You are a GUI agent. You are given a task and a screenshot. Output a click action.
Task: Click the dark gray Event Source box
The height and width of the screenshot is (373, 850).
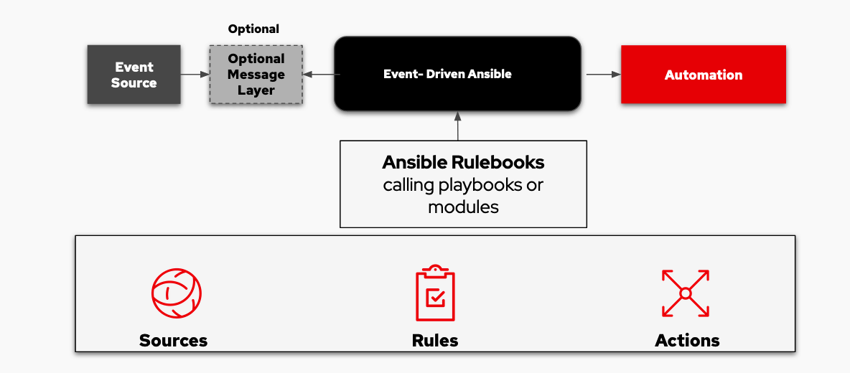click(x=134, y=75)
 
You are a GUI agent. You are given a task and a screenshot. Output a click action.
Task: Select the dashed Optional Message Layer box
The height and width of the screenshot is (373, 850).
click(x=256, y=75)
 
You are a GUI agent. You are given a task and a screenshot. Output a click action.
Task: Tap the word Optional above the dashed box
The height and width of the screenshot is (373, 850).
click(x=253, y=29)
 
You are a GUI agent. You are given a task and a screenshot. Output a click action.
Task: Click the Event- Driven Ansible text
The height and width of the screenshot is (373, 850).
click(x=447, y=74)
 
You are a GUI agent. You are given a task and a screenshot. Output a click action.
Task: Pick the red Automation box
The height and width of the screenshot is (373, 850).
click(x=703, y=75)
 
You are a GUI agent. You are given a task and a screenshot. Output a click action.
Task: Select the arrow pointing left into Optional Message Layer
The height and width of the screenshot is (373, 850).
click(x=319, y=74)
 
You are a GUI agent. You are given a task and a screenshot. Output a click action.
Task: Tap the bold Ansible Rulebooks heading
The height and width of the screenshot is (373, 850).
click(x=463, y=162)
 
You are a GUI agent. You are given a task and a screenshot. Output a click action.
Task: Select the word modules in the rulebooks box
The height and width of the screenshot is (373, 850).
click(x=463, y=207)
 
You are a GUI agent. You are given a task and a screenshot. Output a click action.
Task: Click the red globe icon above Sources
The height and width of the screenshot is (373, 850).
click(x=176, y=293)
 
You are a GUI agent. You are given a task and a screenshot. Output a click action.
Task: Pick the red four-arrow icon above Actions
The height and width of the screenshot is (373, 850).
click(x=685, y=293)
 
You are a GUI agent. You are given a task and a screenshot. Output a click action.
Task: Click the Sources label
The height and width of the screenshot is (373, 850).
click(x=173, y=340)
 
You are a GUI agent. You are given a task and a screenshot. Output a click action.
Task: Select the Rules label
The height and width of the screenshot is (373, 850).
click(x=435, y=340)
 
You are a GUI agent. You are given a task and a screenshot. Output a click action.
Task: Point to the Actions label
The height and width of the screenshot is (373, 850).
click(x=687, y=340)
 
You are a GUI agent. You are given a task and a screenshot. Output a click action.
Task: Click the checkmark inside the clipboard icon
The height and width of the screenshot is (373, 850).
click(x=436, y=297)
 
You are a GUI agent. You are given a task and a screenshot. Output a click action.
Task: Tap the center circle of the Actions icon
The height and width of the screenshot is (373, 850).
click(x=685, y=293)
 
